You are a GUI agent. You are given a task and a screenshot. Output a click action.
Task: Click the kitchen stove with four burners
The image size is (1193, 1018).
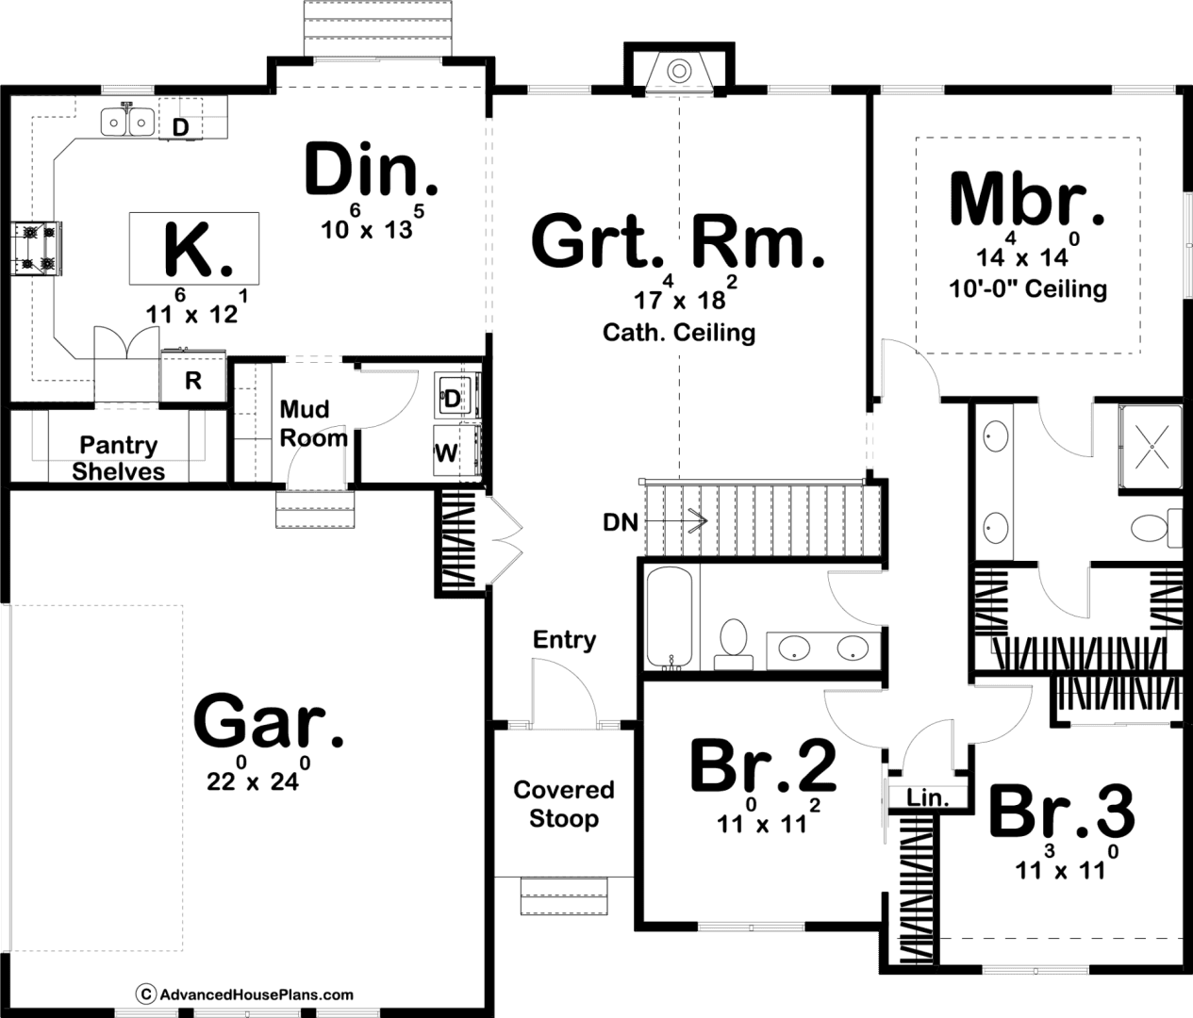click(x=37, y=249)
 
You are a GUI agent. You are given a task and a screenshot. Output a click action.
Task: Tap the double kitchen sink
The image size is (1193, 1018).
click(x=127, y=122)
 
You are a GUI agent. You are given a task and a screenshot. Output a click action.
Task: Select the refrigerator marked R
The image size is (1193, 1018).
click(x=192, y=377)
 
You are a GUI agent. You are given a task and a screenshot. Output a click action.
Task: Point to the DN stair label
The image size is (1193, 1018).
click(x=621, y=523)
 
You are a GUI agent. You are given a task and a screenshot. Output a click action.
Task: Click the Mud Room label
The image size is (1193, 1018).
click(x=313, y=424)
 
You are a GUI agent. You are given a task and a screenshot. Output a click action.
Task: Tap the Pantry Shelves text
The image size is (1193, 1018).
click(x=118, y=458)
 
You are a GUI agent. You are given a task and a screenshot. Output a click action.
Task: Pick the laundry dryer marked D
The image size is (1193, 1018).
click(x=456, y=396)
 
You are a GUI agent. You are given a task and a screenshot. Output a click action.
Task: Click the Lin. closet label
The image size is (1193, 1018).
click(x=927, y=797)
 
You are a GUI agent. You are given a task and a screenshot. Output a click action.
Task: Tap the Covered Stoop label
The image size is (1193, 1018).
click(x=564, y=805)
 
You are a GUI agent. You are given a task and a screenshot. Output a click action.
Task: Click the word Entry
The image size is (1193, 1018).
click(x=564, y=640)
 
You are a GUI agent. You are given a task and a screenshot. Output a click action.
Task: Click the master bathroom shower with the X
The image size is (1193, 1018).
click(x=1152, y=447)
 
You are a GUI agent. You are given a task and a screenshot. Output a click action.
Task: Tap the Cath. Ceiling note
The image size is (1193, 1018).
click(x=679, y=334)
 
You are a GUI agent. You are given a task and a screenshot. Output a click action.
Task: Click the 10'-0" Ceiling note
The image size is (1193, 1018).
click(x=1028, y=288)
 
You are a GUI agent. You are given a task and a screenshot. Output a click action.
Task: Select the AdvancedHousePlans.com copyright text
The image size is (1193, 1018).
click(x=244, y=994)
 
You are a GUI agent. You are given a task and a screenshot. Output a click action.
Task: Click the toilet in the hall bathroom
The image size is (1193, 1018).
click(x=734, y=644)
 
